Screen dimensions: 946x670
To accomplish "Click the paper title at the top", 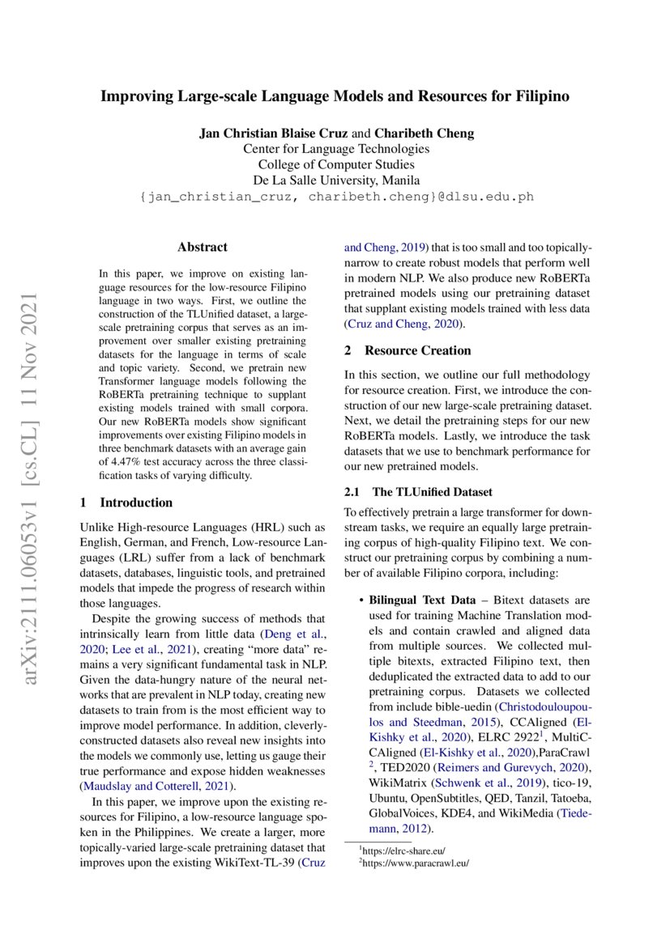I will pyautogui.click(x=335, y=96).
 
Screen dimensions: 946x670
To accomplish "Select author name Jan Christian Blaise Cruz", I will pyautogui.click(x=270, y=134).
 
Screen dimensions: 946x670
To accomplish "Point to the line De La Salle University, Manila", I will pyautogui.click(x=335, y=180).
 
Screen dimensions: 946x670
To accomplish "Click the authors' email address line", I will pyautogui.click(x=335, y=196).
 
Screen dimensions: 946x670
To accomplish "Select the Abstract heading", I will pyautogui.click(x=203, y=247).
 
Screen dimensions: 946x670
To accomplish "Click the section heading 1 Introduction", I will pyautogui.click(x=126, y=503).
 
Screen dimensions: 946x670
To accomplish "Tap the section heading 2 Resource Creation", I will pyautogui.click(x=408, y=350).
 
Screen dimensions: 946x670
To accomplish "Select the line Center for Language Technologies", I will pyautogui.click(x=335, y=149).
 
